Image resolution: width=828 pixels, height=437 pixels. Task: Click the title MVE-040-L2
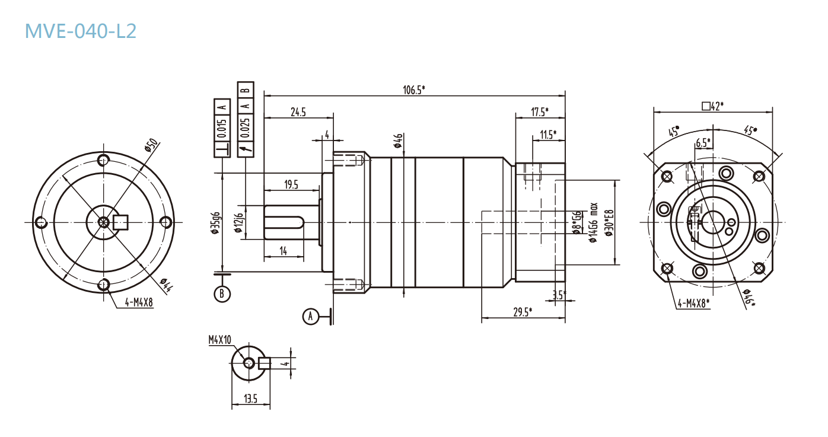coord(81,31)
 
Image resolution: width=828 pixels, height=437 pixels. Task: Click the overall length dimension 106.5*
coord(414,90)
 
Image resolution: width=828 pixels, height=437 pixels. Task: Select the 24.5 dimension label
coord(298,111)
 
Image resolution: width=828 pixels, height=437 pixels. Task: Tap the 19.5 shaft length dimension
coord(291,185)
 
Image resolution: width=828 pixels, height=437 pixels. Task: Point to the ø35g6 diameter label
coord(216,223)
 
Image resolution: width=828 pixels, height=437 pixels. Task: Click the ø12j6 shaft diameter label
coord(239,223)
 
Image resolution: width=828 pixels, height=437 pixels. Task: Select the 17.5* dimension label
coord(539,111)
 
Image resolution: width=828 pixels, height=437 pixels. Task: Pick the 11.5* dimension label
coord(547,135)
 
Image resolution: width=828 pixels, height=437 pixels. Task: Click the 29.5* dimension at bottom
coord(522,311)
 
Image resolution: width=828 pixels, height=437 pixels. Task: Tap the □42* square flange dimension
coord(712,106)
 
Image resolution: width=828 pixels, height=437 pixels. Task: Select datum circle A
coord(310,317)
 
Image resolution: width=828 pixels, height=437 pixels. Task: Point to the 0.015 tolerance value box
coord(222,128)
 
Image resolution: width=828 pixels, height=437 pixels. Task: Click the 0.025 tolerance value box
coord(246,128)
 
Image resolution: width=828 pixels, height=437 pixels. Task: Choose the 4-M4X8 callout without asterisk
coord(139,302)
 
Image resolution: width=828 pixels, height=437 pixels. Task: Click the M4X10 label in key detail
coord(219,340)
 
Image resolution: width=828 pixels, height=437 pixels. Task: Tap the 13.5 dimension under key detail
coord(250,399)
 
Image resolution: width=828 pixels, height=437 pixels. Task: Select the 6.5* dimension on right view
coord(702,143)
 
